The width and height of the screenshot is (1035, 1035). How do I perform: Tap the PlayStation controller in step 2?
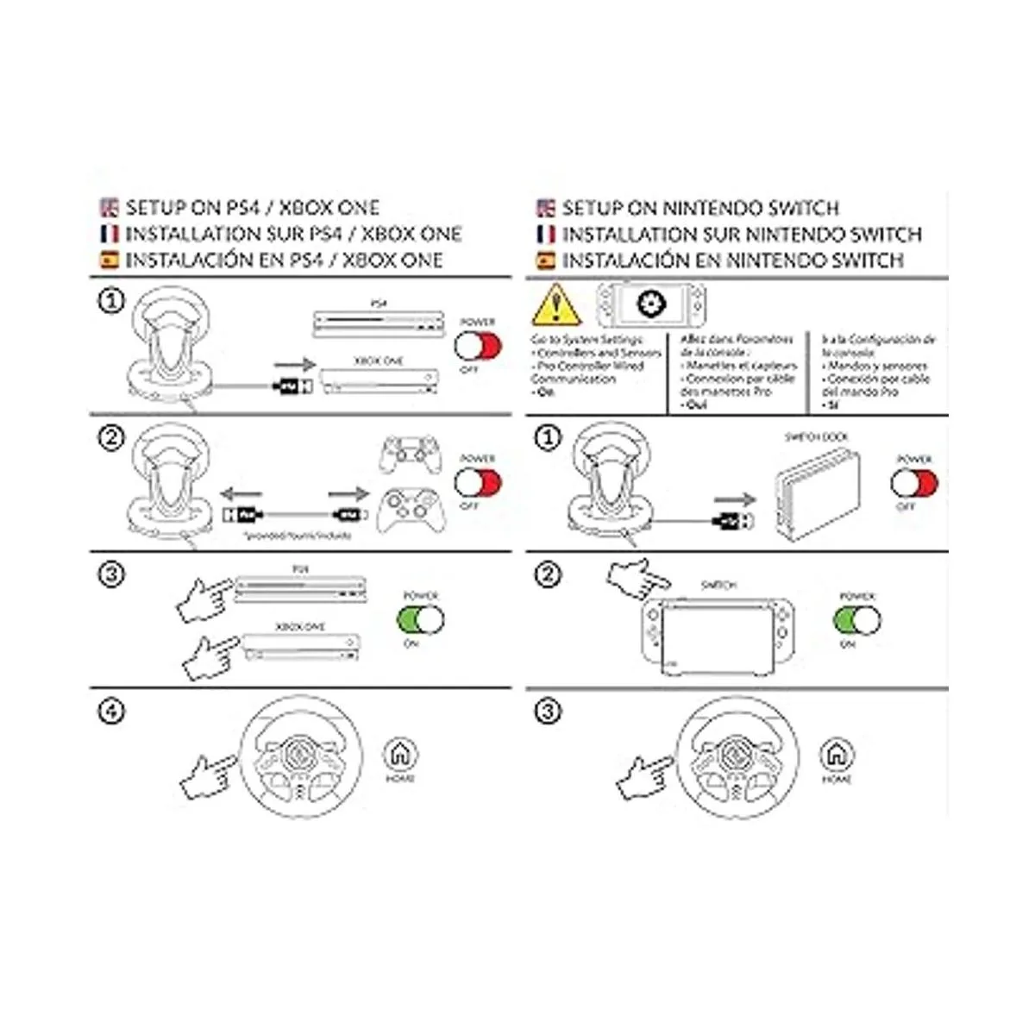411,456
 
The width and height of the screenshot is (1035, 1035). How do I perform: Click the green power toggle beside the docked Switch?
857,619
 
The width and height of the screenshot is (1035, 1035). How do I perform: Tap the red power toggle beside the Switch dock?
914,483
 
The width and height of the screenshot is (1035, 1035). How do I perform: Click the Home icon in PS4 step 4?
399,755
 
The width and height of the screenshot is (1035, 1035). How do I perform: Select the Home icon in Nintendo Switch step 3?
836,755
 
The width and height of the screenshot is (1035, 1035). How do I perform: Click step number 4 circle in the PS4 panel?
111,712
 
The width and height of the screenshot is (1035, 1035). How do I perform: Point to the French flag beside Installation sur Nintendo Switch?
545,235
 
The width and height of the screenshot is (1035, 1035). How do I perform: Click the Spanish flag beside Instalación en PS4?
109,260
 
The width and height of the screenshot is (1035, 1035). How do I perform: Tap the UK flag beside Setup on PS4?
109,208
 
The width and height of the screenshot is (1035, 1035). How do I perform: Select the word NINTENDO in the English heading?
707,208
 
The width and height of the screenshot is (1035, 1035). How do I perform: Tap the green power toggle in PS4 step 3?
421,619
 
